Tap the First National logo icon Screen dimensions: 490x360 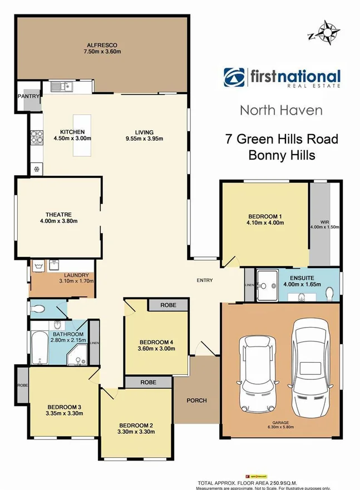click(234, 78)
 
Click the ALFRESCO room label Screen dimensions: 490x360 click(100, 44)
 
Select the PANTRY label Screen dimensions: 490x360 click(28, 96)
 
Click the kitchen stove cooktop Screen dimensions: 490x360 click(37, 136)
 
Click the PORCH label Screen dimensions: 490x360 click(197, 400)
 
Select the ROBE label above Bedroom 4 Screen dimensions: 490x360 click(169, 305)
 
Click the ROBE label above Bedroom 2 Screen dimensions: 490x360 click(148, 383)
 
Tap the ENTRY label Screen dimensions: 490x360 click(204, 280)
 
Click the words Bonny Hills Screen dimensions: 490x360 click(281, 155)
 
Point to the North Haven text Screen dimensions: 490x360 click(281, 110)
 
